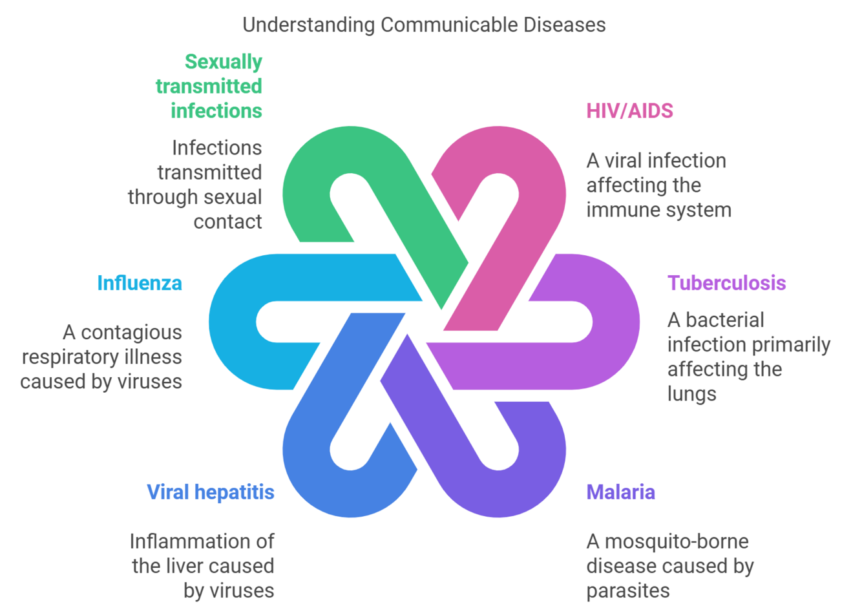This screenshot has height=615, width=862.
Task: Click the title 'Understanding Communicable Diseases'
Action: [x=424, y=25]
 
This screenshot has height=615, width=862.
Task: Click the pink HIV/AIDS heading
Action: [x=629, y=111]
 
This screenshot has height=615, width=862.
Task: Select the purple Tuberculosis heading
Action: [x=726, y=283]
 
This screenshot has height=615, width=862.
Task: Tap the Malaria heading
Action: [x=620, y=492]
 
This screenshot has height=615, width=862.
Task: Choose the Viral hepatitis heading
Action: [x=211, y=492]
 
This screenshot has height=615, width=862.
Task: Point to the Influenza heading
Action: [x=140, y=283]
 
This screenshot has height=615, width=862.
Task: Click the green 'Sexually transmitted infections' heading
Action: [x=209, y=86]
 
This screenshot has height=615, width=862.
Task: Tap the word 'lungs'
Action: [x=691, y=394]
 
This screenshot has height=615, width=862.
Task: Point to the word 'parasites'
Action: [x=627, y=590]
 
